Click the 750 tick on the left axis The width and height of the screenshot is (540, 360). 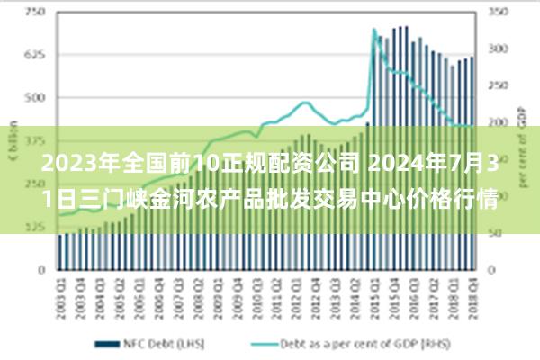click(33, 13)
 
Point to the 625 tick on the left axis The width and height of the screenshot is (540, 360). click(33, 55)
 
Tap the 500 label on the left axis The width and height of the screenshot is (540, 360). click(33, 98)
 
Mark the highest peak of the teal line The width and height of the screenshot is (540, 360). click(373, 30)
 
